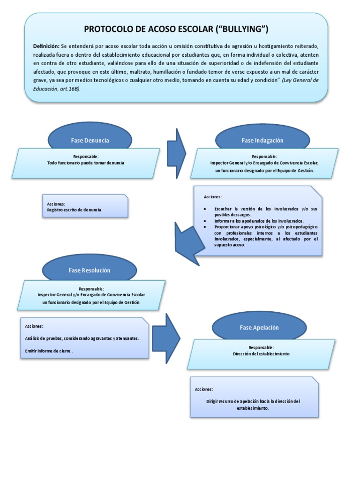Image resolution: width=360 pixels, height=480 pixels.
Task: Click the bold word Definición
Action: coord(46,45)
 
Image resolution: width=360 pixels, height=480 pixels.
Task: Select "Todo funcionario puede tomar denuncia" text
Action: coord(86,162)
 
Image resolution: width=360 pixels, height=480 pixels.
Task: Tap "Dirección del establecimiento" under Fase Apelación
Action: coord(261,354)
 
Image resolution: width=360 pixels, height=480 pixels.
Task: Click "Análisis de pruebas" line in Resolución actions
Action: coord(81,338)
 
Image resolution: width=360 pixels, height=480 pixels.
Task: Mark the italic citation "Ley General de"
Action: coord(302,80)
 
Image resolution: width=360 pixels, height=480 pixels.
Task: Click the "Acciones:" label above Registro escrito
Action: coord(56,204)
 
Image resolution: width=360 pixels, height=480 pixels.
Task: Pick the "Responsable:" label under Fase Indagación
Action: coord(264,157)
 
